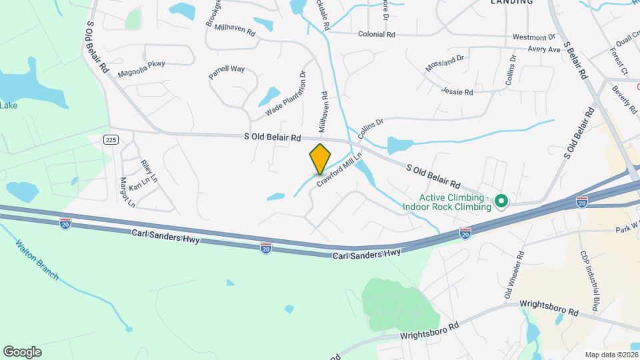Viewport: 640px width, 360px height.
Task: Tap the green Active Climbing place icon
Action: [x=503, y=201]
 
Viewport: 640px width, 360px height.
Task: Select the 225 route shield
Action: [x=111, y=139]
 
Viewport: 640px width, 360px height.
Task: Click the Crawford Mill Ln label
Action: [x=339, y=171]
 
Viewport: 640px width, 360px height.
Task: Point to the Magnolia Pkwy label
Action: [x=141, y=68]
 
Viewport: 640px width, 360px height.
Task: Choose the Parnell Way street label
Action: [x=227, y=73]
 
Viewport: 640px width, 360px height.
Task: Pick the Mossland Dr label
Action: [x=445, y=64]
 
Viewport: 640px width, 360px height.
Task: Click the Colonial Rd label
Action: [x=377, y=34]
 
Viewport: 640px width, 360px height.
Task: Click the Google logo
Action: [x=22, y=352]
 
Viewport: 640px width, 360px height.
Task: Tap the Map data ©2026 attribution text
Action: [x=611, y=355]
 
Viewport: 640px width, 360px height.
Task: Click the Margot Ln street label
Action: [x=127, y=192]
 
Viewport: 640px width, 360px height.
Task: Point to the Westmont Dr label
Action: [x=533, y=37]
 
